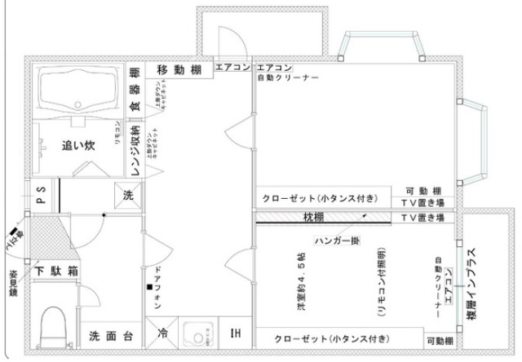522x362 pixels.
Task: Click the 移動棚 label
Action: pyautogui.click(x=179, y=69)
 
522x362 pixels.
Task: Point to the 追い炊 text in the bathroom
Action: pyautogui.click(x=79, y=147)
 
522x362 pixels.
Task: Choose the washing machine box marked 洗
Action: pyautogui.click(x=128, y=196)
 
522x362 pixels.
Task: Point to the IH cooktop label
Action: pyautogui.click(x=236, y=334)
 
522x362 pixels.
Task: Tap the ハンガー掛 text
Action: pyautogui.click(x=337, y=242)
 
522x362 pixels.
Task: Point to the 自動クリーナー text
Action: pyautogui.click(x=287, y=78)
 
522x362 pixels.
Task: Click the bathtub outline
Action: pyautogui.click(x=77, y=90)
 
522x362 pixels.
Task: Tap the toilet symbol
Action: pyautogui.click(x=55, y=325)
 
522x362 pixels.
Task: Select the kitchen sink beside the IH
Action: pyautogui.click(x=196, y=334)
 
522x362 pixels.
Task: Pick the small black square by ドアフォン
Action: pyautogui.click(x=149, y=289)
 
